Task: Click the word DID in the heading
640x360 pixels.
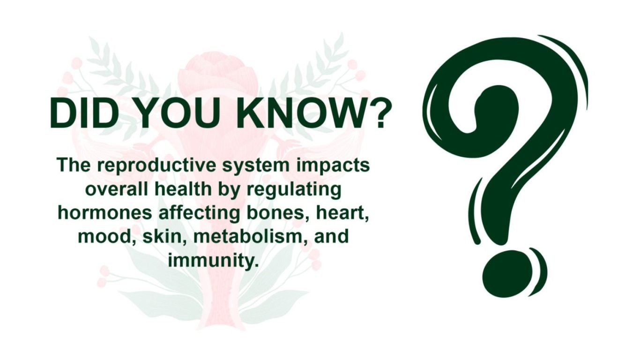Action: [82, 113]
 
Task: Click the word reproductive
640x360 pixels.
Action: [157, 166]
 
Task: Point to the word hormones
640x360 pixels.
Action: [105, 213]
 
